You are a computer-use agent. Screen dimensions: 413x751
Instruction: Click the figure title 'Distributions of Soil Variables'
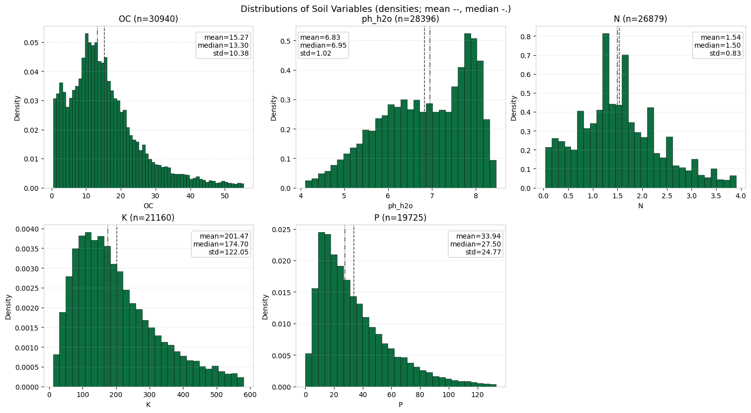375,9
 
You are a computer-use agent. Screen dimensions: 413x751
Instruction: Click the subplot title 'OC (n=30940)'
148,19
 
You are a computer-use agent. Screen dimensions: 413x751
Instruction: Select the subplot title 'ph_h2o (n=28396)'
401,19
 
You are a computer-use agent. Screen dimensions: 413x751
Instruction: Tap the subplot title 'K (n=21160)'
148,218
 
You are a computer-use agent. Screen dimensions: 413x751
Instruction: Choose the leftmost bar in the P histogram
308,370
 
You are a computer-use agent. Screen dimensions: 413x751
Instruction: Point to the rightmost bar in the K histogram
241,382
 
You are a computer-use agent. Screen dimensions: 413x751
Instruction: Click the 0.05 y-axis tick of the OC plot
31,43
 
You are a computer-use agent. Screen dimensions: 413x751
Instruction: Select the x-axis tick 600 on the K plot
250,395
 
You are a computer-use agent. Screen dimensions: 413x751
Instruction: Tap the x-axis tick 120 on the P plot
477,395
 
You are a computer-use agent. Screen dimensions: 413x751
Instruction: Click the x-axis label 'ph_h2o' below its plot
401,206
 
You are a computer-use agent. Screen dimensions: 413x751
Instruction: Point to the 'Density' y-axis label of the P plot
265,307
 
